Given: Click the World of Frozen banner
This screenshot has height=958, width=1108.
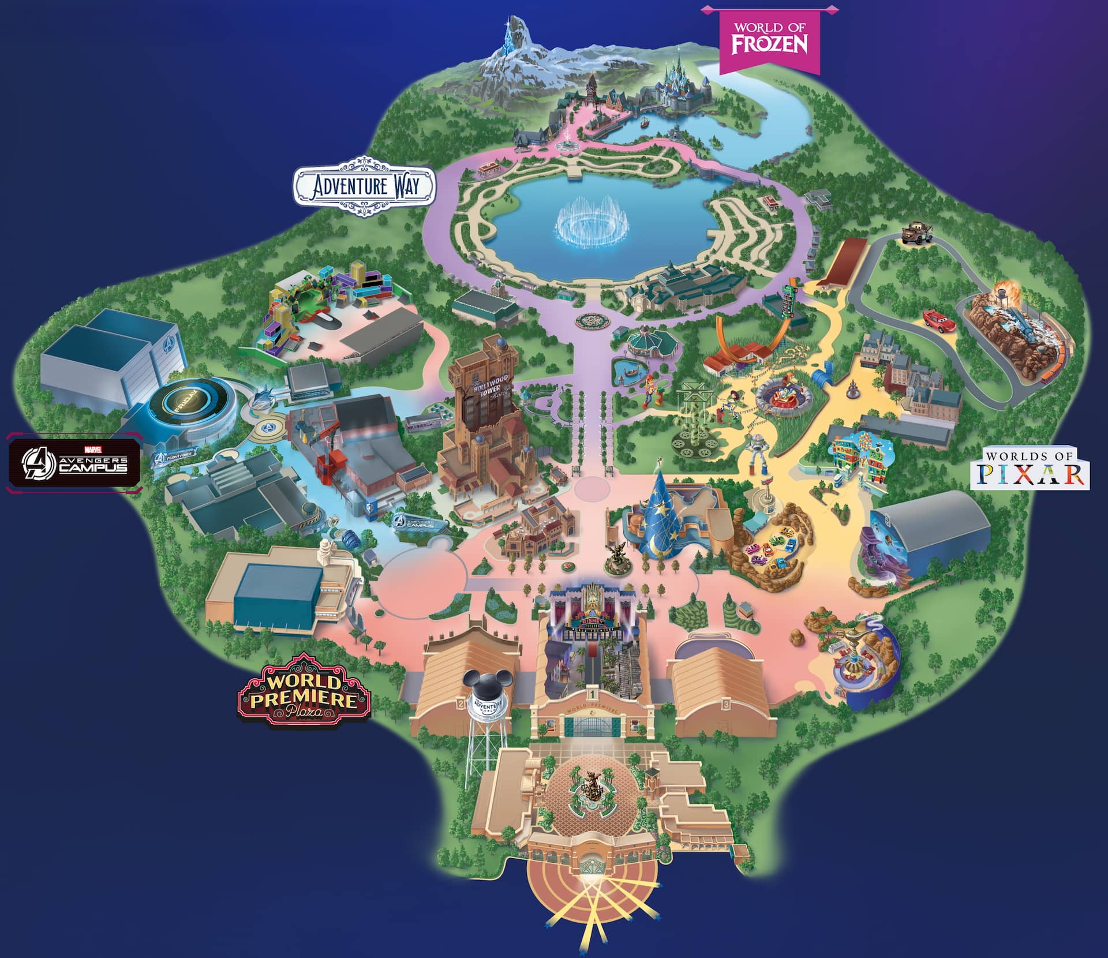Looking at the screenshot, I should coord(769,38).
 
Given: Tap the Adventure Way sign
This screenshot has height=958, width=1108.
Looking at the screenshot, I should coord(364,186).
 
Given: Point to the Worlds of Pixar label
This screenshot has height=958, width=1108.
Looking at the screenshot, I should coord(1030,467).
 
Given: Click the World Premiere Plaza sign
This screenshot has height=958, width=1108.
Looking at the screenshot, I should coord(304,690).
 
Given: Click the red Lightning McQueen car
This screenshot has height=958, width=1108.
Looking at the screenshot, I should coord(938,321).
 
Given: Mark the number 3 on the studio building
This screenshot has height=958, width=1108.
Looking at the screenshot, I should coord(726,704).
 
